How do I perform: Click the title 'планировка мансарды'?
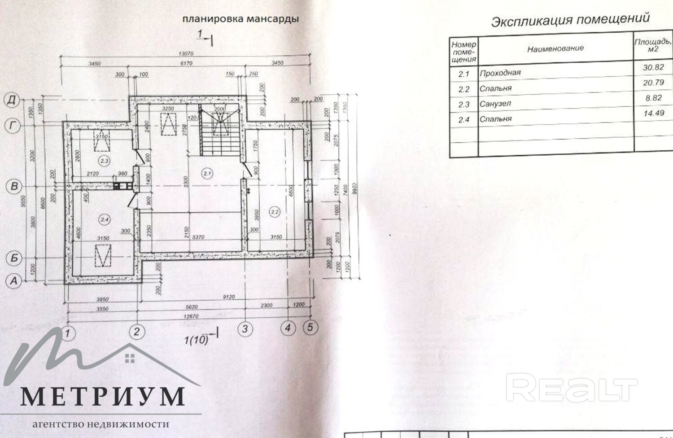click(x=240, y=19)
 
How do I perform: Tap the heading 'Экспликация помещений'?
click(x=570, y=20)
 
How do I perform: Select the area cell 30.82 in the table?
click(x=653, y=67)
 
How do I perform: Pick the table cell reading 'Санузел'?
click(x=495, y=104)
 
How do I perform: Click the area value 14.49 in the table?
click(x=653, y=113)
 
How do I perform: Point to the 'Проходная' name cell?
click(x=500, y=73)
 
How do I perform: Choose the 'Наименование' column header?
click(x=555, y=48)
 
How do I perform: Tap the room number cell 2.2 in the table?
click(x=463, y=89)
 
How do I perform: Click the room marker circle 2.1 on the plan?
click(x=207, y=173)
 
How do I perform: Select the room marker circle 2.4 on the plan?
click(x=105, y=219)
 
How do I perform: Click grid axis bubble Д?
click(x=12, y=100)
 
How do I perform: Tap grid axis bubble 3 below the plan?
click(x=245, y=329)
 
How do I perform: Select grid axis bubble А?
click(x=13, y=281)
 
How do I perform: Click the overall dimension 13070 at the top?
click(x=185, y=54)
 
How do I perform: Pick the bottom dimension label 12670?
click(x=191, y=316)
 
